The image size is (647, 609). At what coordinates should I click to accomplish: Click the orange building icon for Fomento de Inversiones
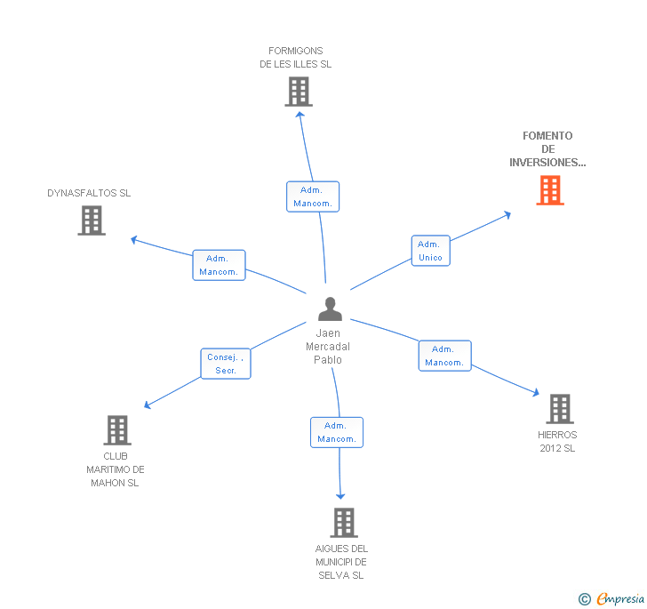click(550, 190)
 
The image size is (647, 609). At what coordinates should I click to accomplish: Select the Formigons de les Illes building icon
click(299, 92)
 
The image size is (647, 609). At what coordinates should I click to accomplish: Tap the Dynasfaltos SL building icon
click(92, 220)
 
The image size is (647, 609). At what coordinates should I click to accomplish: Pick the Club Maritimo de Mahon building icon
click(117, 430)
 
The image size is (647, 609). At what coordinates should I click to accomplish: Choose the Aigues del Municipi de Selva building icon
click(344, 523)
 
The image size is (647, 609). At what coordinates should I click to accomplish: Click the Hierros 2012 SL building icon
click(559, 409)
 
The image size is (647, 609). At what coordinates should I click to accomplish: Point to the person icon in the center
click(330, 309)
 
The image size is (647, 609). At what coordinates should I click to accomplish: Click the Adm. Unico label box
click(430, 251)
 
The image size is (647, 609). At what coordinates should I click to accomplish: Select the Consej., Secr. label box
click(226, 364)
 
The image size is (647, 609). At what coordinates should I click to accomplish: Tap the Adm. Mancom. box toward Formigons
click(313, 196)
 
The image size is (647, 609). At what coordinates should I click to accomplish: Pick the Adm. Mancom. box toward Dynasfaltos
click(219, 265)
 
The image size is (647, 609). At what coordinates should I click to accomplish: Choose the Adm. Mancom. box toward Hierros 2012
click(444, 356)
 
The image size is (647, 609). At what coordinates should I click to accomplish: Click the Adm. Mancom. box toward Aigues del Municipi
click(337, 432)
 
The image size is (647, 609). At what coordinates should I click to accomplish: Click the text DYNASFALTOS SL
click(89, 193)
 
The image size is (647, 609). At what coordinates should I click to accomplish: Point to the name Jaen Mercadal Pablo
click(328, 347)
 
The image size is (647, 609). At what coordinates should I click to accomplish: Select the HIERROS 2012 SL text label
click(557, 442)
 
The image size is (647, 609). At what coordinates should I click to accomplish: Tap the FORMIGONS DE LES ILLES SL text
click(296, 58)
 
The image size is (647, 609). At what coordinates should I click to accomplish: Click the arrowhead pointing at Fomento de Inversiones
click(507, 213)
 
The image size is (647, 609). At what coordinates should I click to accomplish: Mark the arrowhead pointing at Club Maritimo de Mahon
click(148, 405)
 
